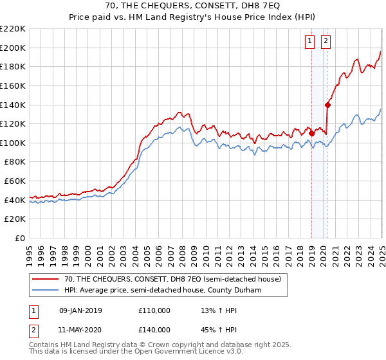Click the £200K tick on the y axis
14,48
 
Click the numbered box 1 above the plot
310,41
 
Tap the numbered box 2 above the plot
326,41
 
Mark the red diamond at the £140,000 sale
327,105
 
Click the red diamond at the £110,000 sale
311,133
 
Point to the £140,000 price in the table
154,330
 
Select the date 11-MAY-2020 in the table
80,330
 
